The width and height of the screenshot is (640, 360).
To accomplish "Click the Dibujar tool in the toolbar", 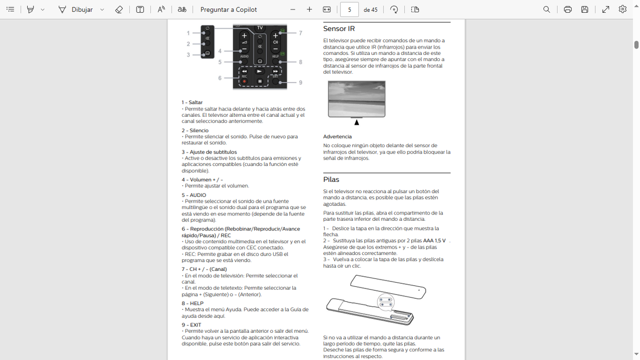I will point(76,10).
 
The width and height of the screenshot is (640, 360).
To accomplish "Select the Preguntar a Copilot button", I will point(228,10).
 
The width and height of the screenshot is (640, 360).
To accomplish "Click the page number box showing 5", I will point(349,10).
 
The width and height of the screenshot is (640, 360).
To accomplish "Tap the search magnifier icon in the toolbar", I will point(547,10).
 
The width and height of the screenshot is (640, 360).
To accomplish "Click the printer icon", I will point(567,10).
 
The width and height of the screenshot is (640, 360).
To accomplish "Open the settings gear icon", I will point(622,10).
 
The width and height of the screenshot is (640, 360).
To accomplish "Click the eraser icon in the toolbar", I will point(119,10).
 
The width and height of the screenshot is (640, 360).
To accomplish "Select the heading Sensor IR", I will point(339,29).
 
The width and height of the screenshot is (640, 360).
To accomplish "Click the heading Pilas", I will point(331,180).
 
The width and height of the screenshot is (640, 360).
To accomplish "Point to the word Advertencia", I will point(337,137).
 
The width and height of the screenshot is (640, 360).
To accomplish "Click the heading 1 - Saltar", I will point(192,102).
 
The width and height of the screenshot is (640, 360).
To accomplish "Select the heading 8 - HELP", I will point(193,303).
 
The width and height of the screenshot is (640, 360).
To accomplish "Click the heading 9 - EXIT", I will point(191,325).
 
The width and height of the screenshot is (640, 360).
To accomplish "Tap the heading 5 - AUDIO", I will point(194,195).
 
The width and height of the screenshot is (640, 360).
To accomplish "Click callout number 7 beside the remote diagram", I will point(301,33).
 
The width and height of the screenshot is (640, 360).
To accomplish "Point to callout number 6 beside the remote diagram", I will point(220,78).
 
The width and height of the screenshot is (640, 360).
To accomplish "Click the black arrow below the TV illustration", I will point(357,123).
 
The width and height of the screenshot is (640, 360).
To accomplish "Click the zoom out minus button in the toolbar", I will point(293,10).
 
